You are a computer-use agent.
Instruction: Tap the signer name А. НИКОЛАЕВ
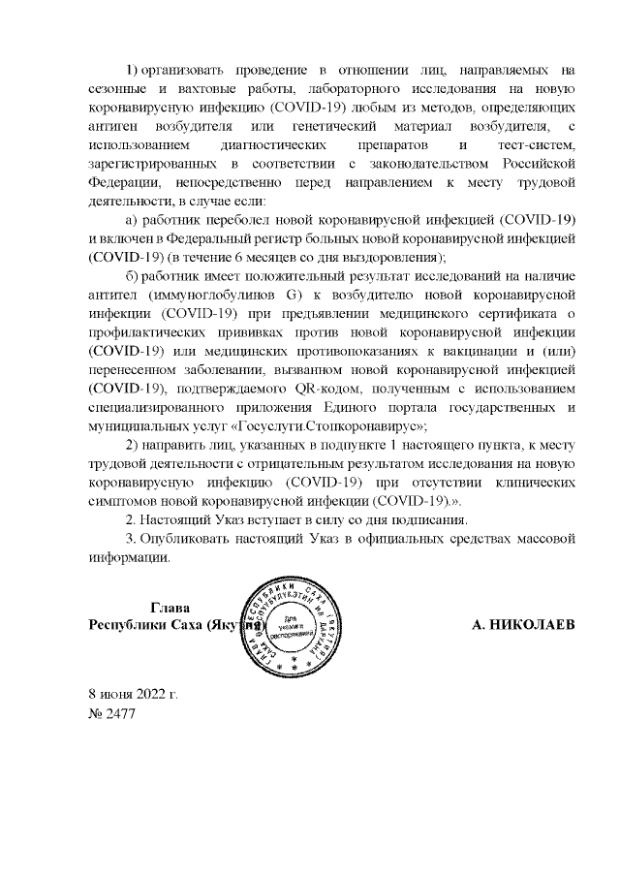(523, 625)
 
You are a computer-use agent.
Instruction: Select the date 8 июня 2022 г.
(133, 694)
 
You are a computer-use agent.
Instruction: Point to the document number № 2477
(112, 715)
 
